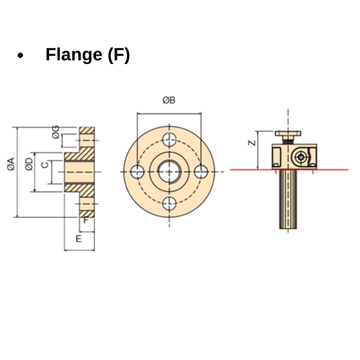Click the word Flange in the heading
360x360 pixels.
click(x=73, y=55)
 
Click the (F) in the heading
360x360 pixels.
click(x=118, y=55)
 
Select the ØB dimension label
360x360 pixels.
click(x=169, y=101)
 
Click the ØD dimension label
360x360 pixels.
click(x=30, y=164)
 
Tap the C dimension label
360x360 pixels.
click(x=45, y=165)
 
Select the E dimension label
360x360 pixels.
click(x=79, y=239)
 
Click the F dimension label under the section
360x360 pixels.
click(x=86, y=221)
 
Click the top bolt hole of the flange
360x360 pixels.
click(x=169, y=140)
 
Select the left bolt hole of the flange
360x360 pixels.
click(x=137, y=172)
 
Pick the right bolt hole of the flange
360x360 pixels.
click(x=201, y=172)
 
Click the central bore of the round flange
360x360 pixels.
click(x=169, y=172)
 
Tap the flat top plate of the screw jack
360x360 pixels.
click(x=288, y=134)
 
